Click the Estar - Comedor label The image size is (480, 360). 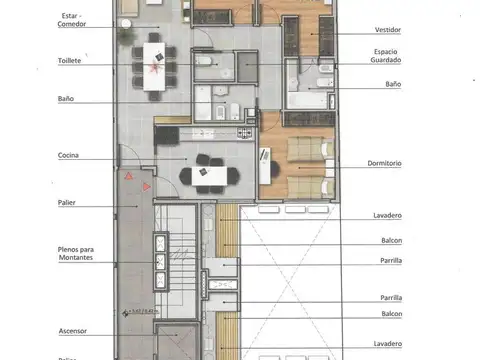click(72, 20)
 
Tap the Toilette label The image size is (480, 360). click(70, 61)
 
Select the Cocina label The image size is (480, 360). click(69, 156)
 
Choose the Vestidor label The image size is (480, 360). click(387, 31)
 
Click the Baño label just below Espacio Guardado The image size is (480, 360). click(393, 85)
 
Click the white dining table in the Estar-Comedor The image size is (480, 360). click(155, 67)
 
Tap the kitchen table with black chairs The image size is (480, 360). click(210, 174)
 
